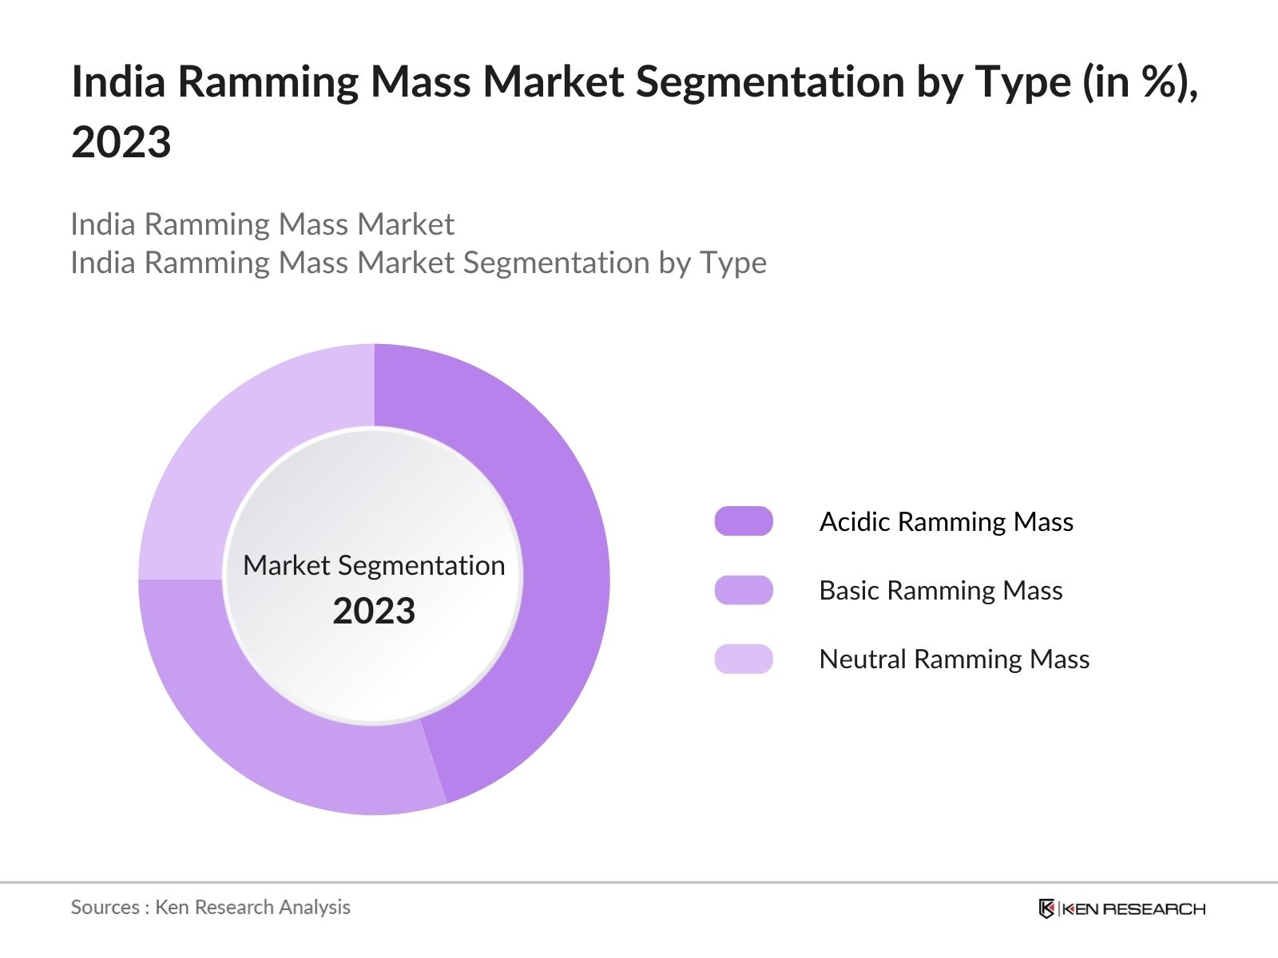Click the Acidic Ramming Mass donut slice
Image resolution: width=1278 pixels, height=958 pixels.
click(559, 559)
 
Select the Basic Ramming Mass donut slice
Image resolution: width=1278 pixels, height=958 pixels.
click(272, 742)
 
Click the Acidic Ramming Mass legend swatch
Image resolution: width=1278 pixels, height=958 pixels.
click(744, 521)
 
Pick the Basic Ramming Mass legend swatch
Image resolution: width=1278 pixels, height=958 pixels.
click(744, 590)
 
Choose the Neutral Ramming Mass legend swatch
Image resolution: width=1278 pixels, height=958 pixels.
click(744, 659)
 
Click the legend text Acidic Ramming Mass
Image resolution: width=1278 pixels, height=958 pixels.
click(947, 521)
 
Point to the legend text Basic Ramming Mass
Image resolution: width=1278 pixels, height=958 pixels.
click(941, 590)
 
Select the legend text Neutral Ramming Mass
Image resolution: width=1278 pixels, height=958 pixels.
click(955, 659)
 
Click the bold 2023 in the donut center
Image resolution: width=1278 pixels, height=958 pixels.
click(374, 611)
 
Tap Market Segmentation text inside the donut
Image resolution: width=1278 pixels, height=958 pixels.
click(374, 565)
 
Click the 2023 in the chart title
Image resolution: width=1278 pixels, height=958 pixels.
click(121, 142)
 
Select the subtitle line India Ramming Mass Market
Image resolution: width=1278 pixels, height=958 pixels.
click(262, 224)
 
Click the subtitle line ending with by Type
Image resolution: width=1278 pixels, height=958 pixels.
click(419, 263)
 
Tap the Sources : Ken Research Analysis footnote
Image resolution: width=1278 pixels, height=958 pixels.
click(211, 907)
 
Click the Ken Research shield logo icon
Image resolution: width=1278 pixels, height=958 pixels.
click(1046, 909)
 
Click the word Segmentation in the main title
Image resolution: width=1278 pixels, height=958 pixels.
click(771, 81)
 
